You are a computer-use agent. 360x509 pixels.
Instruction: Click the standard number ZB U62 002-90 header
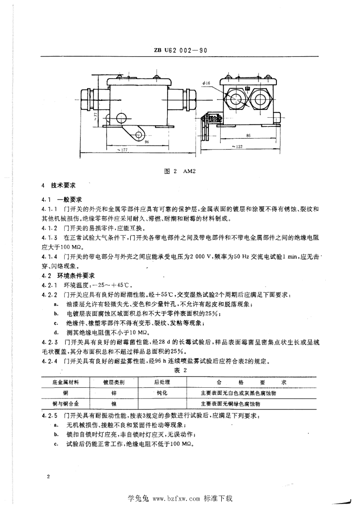(x=180, y=50)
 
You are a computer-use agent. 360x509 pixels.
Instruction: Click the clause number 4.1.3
(x=51, y=238)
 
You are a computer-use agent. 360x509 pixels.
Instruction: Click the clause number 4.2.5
(x=51, y=415)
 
